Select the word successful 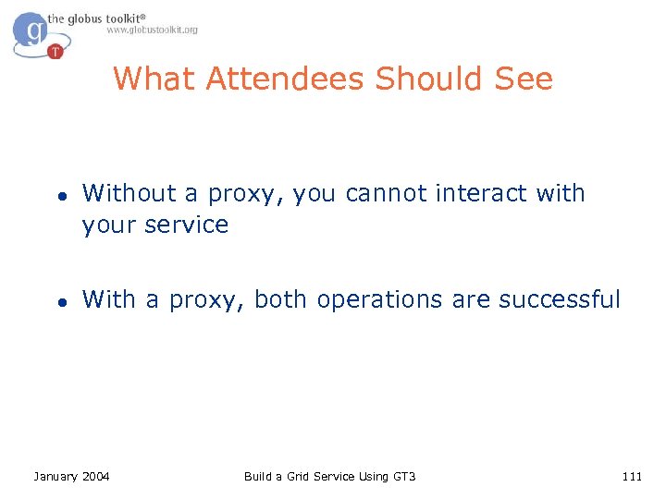click(560, 300)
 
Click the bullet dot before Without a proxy click(57, 196)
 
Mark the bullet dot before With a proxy click(57, 302)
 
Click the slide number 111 click(632, 477)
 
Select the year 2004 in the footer click(95, 477)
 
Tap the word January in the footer click(55, 477)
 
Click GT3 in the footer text click(404, 477)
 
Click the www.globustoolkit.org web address click(152, 30)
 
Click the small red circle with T click(55, 51)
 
